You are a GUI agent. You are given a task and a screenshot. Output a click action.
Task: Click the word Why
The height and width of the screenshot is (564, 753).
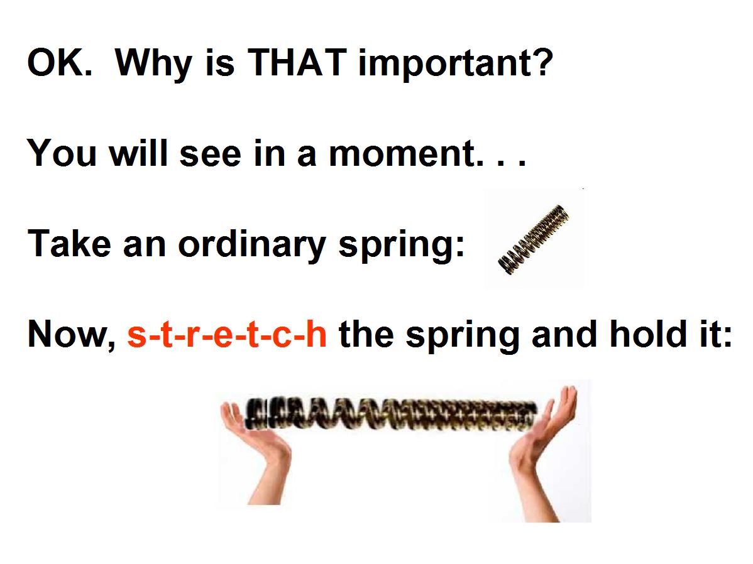click(x=153, y=64)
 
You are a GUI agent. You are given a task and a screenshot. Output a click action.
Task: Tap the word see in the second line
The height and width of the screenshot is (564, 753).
click(x=211, y=155)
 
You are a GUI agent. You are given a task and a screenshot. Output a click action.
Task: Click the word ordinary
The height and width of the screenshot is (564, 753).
click(x=252, y=246)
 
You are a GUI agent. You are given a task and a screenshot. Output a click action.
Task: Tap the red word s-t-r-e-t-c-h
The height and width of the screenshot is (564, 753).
click(x=227, y=334)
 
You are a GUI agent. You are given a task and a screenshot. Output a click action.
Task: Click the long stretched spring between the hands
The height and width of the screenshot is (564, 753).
click(x=391, y=414)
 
